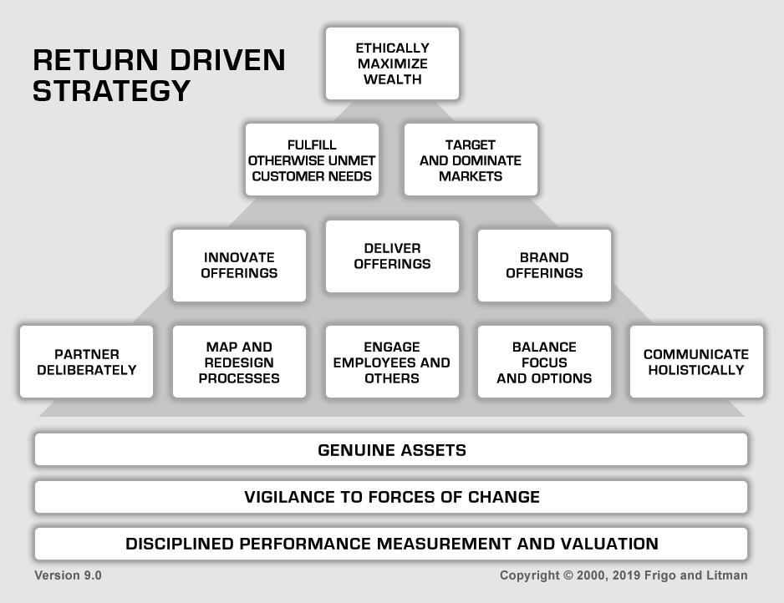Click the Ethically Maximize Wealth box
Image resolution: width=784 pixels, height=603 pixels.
(393, 63)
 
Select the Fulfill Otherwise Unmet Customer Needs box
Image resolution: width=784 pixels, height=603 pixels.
(312, 160)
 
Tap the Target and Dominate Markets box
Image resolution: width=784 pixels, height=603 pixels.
(471, 160)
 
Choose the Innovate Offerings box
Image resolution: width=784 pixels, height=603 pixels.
(240, 266)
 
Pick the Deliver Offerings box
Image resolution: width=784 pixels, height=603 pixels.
(393, 256)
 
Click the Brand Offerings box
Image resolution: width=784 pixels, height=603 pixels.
(544, 266)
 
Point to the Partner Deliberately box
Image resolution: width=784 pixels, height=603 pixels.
(86, 362)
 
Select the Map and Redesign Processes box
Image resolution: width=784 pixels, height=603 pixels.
(240, 362)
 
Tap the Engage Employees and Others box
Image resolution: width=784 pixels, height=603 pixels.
(393, 362)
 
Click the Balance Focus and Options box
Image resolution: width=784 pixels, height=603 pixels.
(544, 362)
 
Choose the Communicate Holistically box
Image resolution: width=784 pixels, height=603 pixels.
(697, 362)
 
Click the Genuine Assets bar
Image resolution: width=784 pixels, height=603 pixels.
(391, 449)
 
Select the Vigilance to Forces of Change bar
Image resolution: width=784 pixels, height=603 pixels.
(391, 497)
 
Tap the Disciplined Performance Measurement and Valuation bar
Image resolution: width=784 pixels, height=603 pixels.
(391, 544)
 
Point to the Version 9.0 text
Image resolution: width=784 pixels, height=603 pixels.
(68, 575)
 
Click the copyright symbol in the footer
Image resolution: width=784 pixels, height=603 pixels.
(568, 575)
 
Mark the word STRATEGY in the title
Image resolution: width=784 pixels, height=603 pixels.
(111, 91)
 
